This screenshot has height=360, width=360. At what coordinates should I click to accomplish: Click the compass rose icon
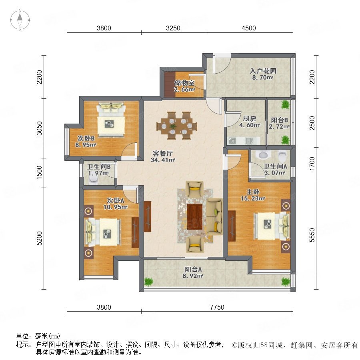pyautogui.click(x=20, y=20)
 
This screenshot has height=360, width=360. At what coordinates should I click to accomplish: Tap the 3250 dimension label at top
pyautogui.click(x=173, y=28)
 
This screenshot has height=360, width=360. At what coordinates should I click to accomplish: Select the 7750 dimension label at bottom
pyautogui.click(x=217, y=307)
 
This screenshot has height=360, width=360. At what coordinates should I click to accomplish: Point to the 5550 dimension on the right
pyautogui.click(x=312, y=235)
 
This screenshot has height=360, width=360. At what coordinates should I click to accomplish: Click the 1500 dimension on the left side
pyautogui.click(x=40, y=172)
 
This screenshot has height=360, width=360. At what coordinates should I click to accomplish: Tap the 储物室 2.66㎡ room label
pyautogui.click(x=184, y=86)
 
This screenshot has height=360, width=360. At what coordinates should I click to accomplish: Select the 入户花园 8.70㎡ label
pyautogui.click(x=263, y=74)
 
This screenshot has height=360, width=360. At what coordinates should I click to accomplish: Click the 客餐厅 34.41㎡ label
pyautogui.click(x=163, y=156)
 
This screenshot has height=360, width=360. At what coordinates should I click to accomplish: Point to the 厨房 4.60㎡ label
pyautogui.click(x=250, y=122)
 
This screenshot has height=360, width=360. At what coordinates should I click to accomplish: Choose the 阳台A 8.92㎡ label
pyautogui.click(x=193, y=272)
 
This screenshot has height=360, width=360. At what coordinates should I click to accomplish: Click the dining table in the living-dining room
pyautogui.click(x=177, y=126)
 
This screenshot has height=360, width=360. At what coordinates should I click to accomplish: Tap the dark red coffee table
pyautogui.click(x=195, y=216)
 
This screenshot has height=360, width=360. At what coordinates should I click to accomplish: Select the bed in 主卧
pyautogui.click(x=272, y=226)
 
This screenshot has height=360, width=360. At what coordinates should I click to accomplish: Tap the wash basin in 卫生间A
pyautogui.click(x=263, y=155)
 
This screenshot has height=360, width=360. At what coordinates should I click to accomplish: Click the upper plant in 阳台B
pyautogui.click(x=285, y=105)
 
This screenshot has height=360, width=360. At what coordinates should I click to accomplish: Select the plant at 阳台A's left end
pyautogui.click(x=148, y=282)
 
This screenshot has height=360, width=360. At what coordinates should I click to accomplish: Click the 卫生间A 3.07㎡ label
pyautogui.click(x=275, y=170)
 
